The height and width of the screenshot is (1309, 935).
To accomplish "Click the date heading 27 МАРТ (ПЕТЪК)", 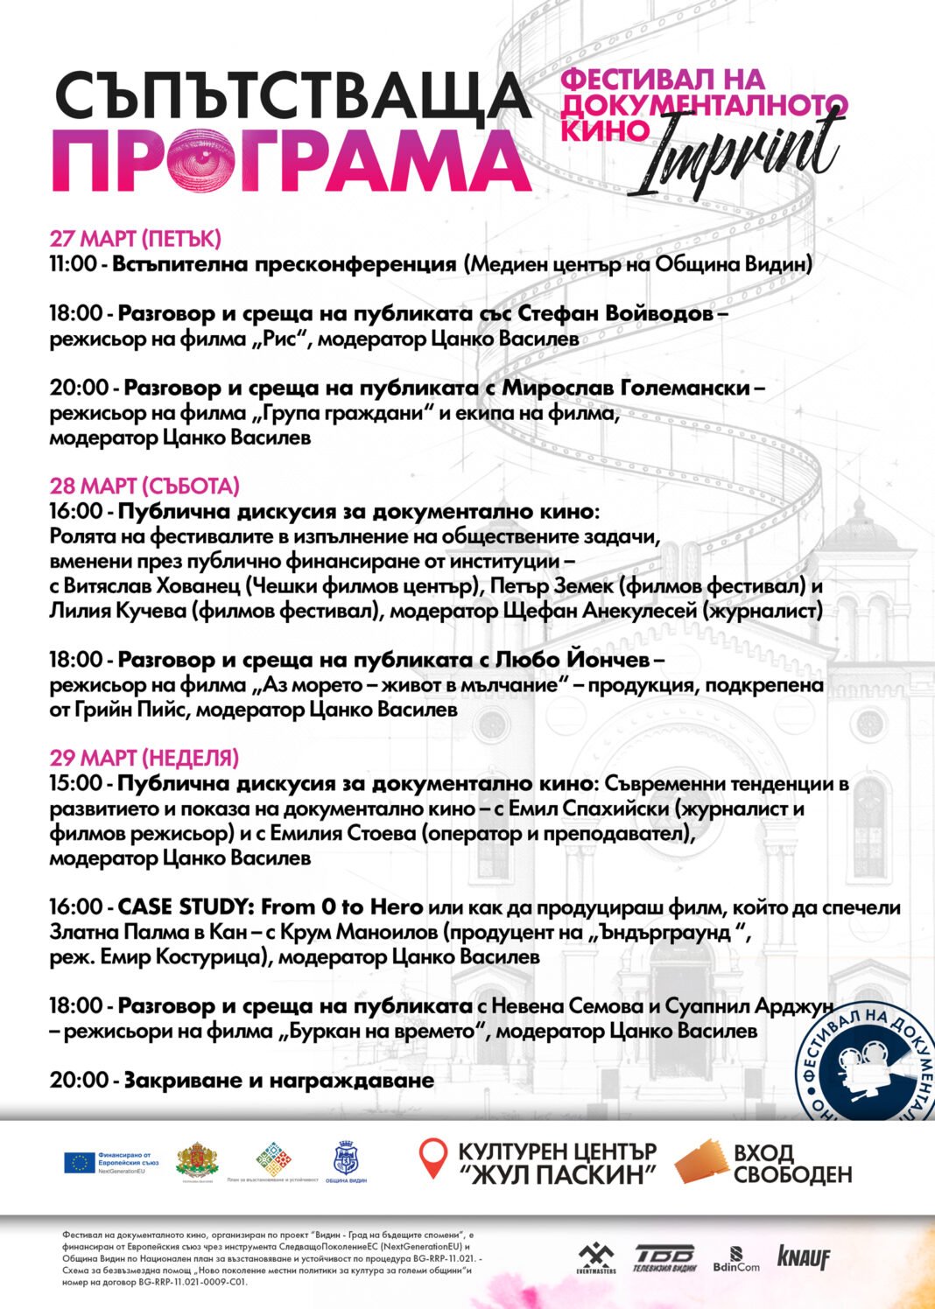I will tap(135, 238).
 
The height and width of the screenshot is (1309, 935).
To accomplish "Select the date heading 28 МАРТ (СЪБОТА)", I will tap(144, 486).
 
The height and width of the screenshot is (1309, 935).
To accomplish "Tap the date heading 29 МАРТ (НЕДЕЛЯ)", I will tap(144, 758).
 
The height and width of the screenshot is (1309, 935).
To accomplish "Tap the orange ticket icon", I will tap(701, 1163).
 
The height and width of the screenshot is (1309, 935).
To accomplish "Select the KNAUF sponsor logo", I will tap(803, 1257).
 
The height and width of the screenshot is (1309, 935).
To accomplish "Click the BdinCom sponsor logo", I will tap(736, 1260).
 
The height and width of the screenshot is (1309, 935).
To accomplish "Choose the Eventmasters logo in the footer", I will tap(596, 1258).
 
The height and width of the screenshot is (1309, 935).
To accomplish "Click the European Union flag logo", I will tap(80, 1162).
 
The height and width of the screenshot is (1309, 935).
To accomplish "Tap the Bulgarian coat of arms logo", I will tap(197, 1160).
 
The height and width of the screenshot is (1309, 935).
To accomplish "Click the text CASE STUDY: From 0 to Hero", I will tap(271, 906).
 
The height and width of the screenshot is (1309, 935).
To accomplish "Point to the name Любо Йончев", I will tap(573, 659).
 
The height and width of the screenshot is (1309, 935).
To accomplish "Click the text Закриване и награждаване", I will tap(278, 1080).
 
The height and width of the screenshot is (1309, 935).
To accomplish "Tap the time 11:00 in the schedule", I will tap(75, 263).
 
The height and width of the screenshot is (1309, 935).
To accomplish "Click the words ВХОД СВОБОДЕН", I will tap(792, 1163).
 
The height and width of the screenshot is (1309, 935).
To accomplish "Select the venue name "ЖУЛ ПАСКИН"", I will tap(558, 1174).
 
